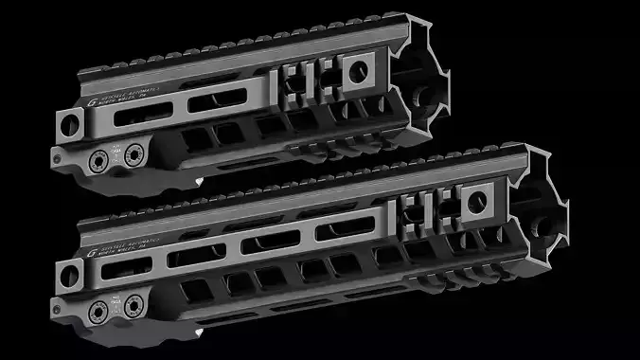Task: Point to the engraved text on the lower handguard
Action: pyautogui.click(x=129, y=250)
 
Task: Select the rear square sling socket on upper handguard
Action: pyautogui.click(x=67, y=123)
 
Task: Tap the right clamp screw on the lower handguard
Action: pyautogui.click(x=133, y=304)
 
